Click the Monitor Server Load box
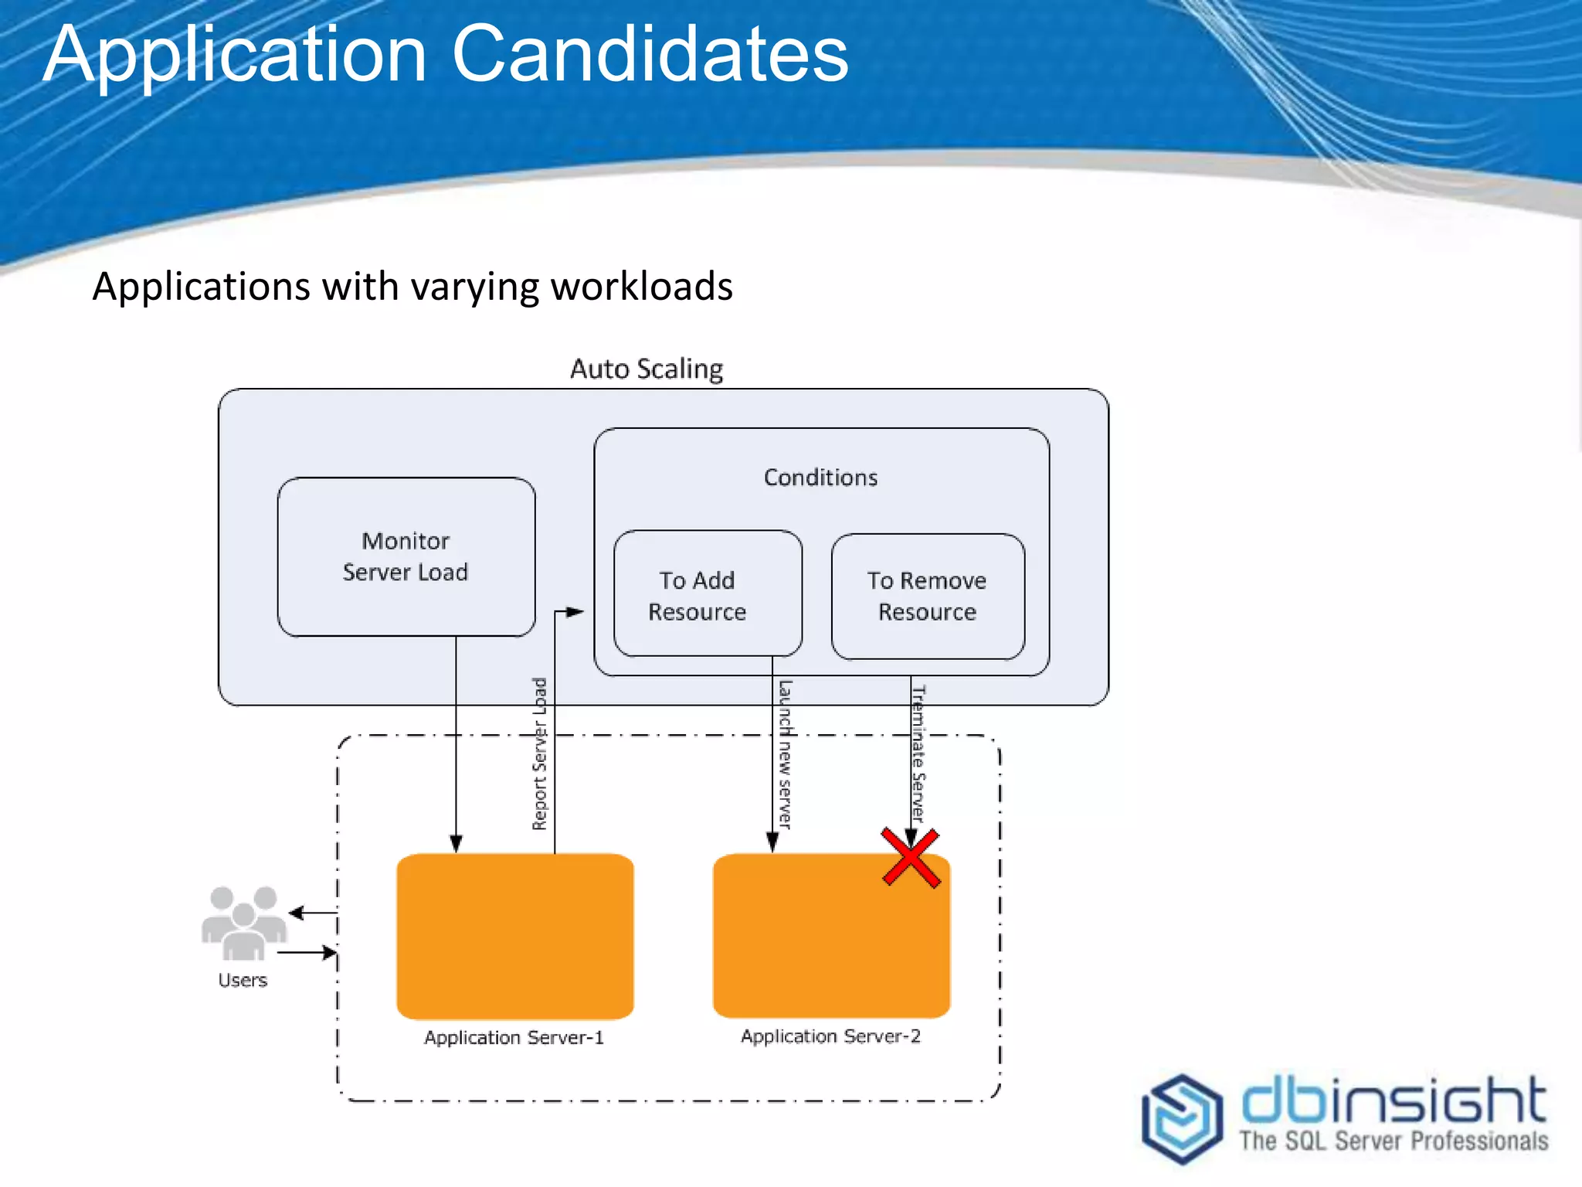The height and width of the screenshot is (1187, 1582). coord(406,556)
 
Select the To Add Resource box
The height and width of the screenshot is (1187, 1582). coord(707,593)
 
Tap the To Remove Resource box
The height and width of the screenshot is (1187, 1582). coord(927,596)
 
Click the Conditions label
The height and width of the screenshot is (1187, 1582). coord(820,478)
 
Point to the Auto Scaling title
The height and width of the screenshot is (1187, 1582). coord(647,369)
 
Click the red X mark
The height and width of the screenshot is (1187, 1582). coord(911,857)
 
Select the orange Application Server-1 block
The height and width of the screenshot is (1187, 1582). coord(514,935)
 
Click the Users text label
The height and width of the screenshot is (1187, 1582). coord(243,980)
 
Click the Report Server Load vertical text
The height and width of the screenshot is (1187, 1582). coord(540,753)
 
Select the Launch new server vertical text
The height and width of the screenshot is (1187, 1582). coord(785,753)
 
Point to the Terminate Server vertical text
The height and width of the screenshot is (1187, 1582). coord(918,753)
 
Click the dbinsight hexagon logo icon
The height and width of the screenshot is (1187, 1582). coord(1182,1117)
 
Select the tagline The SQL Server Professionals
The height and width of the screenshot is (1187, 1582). coord(1394,1141)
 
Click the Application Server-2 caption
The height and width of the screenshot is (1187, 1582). coord(830,1036)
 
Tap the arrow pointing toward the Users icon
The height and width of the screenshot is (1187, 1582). coord(297,913)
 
